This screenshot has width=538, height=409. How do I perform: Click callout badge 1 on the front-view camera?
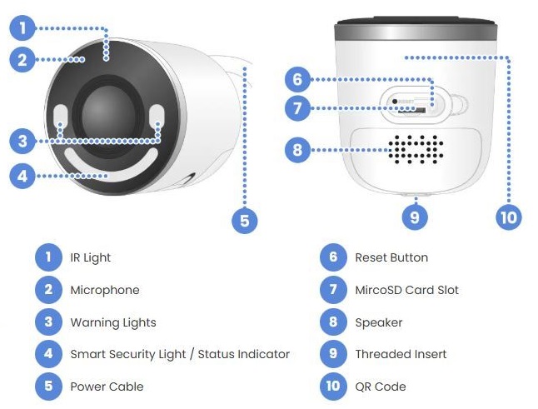pos(22,28)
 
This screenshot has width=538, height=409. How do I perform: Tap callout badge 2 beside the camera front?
pos(22,59)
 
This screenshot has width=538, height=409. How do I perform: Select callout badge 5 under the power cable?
pos(243,220)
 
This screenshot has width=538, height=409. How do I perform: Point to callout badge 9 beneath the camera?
pos(415,217)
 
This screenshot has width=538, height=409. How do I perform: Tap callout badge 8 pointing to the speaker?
pos(296,151)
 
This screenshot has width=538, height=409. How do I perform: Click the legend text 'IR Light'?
pos(90,258)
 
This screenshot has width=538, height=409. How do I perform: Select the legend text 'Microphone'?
pos(104,291)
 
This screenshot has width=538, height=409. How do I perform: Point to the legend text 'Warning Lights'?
pos(112,322)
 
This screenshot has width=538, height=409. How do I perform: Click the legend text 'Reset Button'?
pos(391,258)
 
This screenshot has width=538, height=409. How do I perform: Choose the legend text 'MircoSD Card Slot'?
pos(406,291)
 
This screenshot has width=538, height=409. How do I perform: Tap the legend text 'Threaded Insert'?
pos(401,355)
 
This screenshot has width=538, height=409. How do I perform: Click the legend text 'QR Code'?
pos(381,387)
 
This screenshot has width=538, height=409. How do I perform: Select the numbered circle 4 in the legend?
pos(47,355)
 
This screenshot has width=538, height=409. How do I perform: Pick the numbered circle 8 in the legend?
pos(332,322)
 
